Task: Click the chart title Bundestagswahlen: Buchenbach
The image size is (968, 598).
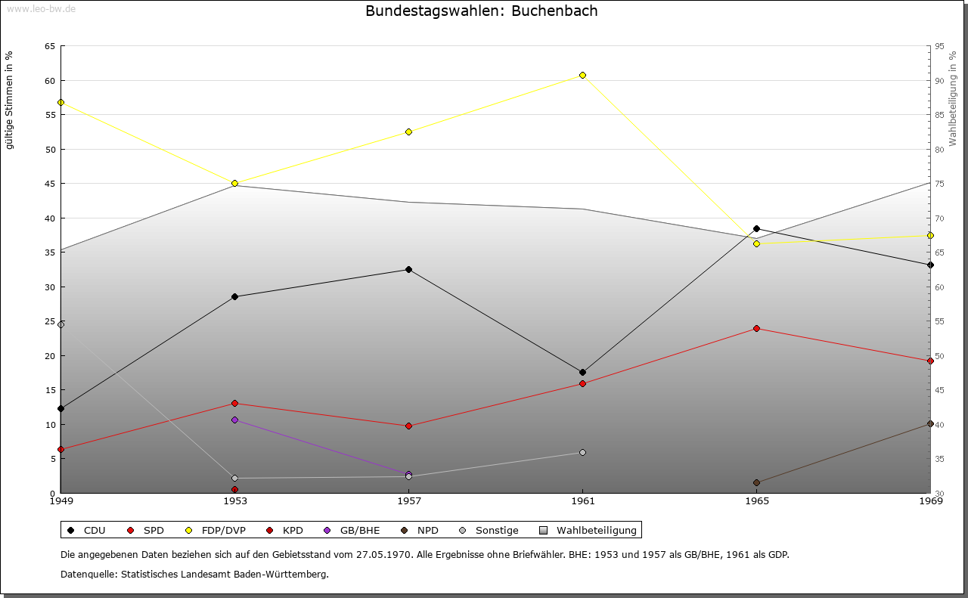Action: pyautogui.click(x=481, y=11)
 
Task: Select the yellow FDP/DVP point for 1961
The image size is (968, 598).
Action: pyautogui.click(x=582, y=75)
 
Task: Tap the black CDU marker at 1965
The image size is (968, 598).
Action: pyautogui.click(x=756, y=228)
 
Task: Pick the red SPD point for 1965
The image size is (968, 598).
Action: pyautogui.click(x=756, y=328)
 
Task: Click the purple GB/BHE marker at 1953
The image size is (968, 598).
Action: pyautogui.click(x=234, y=420)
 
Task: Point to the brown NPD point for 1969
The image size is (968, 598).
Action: pyautogui.click(x=930, y=423)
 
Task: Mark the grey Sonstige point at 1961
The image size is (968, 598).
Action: pyautogui.click(x=582, y=452)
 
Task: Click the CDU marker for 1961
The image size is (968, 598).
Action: pyautogui.click(x=582, y=372)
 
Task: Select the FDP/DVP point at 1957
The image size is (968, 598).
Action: pyautogui.click(x=408, y=132)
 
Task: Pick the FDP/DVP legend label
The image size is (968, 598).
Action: pyautogui.click(x=223, y=530)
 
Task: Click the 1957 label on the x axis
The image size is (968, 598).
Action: pyautogui.click(x=408, y=500)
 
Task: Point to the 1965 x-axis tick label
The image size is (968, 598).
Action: pyautogui.click(x=756, y=500)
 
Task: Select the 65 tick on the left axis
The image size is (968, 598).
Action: pyautogui.click(x=49, y=46)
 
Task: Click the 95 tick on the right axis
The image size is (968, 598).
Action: pyautogui.click(x=939, y=46)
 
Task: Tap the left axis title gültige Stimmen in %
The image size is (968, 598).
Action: pyautogui.click(x=9, y=100)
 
